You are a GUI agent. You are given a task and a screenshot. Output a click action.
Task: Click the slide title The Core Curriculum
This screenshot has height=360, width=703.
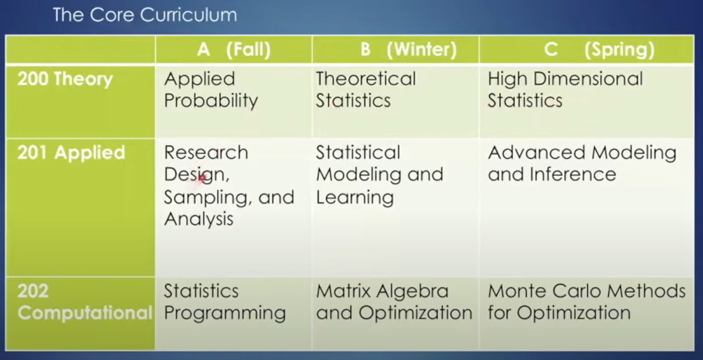point(145,15)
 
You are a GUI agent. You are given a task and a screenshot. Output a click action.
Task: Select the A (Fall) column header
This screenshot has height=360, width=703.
point(234,50)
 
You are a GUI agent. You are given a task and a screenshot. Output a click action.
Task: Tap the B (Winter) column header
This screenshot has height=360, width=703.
point(409,50)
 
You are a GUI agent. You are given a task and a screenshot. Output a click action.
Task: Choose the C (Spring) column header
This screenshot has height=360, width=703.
point(600,50)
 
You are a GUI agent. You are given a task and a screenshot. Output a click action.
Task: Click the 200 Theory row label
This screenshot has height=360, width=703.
point(65,79)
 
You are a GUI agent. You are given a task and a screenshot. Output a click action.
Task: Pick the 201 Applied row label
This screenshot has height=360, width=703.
point(71,153)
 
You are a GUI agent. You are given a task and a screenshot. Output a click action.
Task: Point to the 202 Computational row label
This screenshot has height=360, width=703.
point(85,302)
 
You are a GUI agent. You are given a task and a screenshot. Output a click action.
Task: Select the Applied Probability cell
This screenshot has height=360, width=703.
point(210,90)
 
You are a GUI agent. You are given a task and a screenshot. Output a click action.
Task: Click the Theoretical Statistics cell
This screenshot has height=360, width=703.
point(366,89)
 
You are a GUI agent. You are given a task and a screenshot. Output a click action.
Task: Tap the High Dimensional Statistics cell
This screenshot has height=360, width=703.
point(565,89)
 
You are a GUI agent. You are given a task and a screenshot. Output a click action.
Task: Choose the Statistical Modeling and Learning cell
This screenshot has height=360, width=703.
point(379,175)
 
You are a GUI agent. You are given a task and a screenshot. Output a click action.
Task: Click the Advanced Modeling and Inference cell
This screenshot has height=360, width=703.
point(582,163)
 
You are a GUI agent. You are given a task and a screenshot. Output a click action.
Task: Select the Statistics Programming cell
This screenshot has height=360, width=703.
point(224,302)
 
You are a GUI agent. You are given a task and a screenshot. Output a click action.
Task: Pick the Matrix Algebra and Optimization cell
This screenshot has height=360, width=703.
point(394,302)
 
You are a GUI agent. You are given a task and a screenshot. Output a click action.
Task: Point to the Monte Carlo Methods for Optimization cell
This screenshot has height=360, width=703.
point(586,302)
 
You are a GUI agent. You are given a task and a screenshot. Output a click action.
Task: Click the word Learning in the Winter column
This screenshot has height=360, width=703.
point(354,198)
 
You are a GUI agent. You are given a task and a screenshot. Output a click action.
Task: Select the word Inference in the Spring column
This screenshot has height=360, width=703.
point(573,174)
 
